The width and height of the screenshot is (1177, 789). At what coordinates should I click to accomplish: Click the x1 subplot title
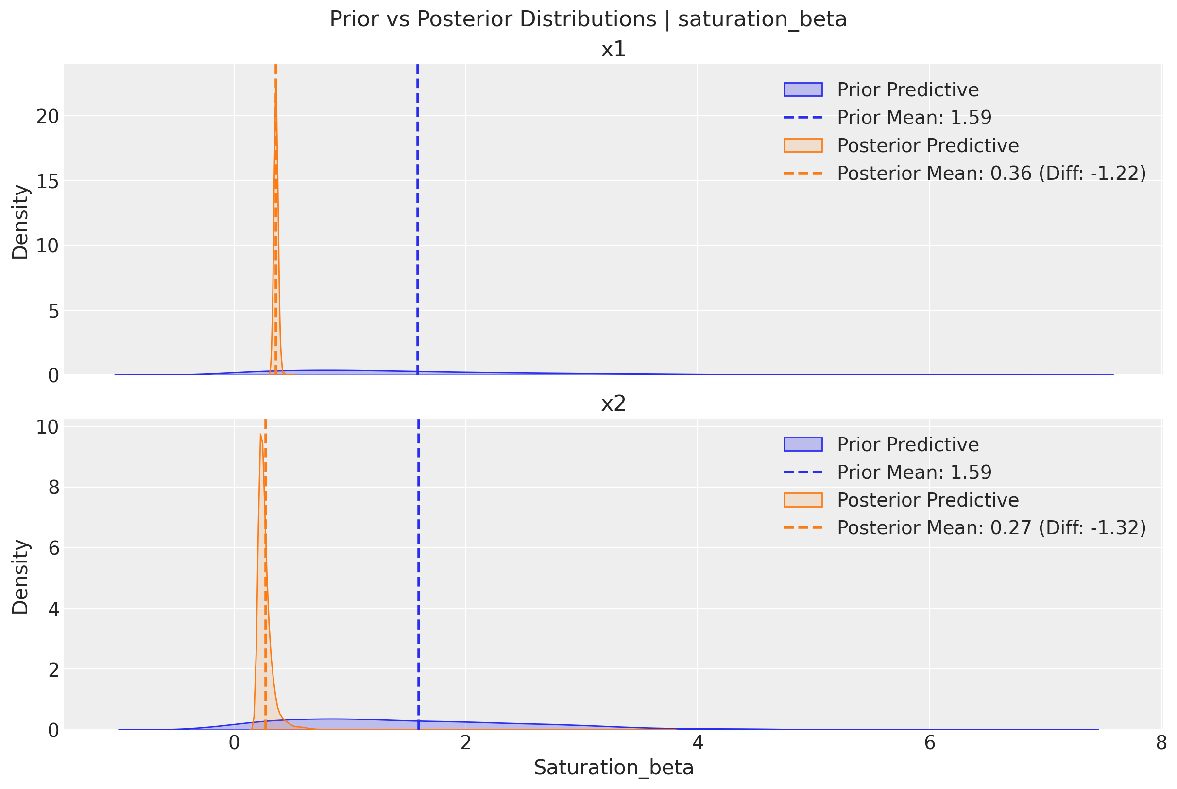coord(614,49)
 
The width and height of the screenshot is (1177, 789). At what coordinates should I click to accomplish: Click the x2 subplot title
coord(614,403)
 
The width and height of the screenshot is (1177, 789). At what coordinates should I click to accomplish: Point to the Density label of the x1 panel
coord(20,222)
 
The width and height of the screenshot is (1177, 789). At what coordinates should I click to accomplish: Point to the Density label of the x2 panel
coord(20,577)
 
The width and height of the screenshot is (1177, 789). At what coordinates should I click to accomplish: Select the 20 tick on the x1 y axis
coord(47,117)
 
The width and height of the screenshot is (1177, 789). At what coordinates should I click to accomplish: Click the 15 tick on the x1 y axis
coord(47,182)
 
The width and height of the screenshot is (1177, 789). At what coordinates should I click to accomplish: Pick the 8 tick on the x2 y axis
coord(53,488)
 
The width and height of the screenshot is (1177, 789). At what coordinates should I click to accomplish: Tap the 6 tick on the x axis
coord(930,743)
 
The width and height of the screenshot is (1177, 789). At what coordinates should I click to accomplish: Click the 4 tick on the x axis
coord(698,743)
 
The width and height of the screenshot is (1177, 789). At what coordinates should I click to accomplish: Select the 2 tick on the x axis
coord(465,743)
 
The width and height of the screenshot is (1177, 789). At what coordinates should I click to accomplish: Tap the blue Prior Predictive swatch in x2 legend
coord(803,444)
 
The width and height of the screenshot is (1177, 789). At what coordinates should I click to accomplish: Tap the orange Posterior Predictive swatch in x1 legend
coord(803,145)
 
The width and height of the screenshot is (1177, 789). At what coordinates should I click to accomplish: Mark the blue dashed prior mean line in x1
coord(418,227)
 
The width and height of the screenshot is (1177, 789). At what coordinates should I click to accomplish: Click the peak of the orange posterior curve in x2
coord(260,434)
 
